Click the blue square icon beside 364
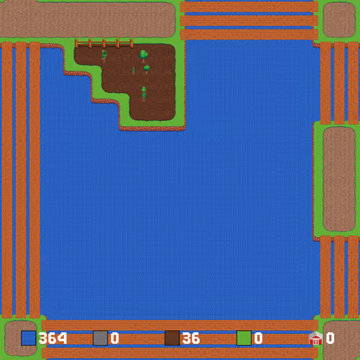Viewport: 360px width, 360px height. [28, 338]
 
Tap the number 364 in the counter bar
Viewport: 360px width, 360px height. [53, 338]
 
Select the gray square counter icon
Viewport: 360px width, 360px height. [100, 338]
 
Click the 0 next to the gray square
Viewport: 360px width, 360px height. [114, 338]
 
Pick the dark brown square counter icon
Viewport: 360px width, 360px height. [172, 338]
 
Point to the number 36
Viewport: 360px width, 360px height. [191, 338]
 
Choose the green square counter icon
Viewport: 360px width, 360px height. [244, 338]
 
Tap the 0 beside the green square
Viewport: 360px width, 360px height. [258, 338]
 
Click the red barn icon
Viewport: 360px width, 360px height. [316, 338]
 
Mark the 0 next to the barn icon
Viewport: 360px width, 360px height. [330, 338]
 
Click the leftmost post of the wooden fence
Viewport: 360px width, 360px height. [76, 43]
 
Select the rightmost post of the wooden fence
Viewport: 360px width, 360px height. [132, 43]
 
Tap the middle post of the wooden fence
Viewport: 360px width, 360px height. [104, 43]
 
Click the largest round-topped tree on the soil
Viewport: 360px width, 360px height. [143, 56]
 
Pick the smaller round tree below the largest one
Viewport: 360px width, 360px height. [146, 69]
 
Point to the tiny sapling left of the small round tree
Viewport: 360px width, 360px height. [133, 71]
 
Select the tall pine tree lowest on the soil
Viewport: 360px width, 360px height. [143, 94]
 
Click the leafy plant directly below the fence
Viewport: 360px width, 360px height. [104, 55]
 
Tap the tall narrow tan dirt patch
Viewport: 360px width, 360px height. [339, 179]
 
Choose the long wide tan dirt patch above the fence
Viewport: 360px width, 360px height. [87, 19]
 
